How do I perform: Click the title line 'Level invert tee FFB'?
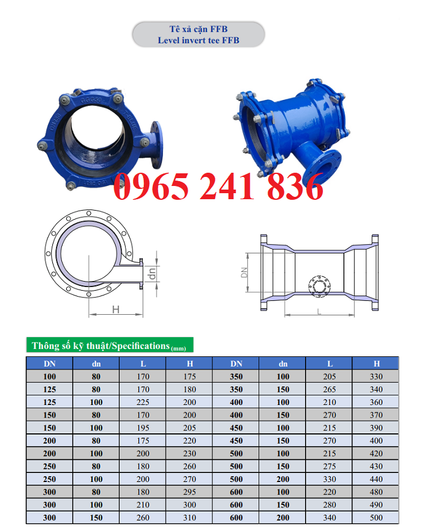coord(198,40)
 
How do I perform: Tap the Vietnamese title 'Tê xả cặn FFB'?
coord(198,29)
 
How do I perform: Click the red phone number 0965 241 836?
coord(218,186)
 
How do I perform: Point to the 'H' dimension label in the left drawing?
coord(115,309)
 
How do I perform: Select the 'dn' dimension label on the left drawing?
coord(152,274)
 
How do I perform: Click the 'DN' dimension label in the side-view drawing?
coord(244,272)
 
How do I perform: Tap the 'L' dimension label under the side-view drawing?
coord(319,311)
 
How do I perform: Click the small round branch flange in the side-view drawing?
coord(319,286)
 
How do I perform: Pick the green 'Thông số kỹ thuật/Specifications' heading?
coord(110,345)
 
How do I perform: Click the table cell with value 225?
coord(143,402)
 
